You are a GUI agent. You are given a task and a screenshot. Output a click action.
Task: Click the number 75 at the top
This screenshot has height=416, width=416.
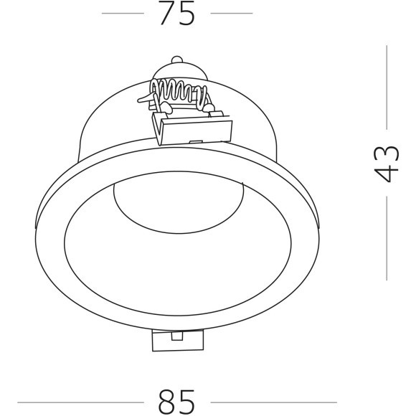coord(176,14)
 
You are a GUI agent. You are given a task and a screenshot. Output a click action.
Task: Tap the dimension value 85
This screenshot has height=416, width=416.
coord(176,402)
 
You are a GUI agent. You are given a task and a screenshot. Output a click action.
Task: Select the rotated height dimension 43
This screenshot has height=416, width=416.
coord(386,164)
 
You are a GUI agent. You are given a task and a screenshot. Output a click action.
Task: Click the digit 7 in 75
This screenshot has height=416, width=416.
coord(166,14)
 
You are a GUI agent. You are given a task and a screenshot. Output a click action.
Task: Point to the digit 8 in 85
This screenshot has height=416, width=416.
coord(166,402)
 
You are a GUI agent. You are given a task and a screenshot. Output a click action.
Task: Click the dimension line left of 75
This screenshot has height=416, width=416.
coord(123,13)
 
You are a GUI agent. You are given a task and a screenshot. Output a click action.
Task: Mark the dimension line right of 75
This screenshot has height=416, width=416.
coord(232,13)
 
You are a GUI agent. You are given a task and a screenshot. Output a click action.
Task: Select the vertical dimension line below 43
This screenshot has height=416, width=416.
coord(387,237)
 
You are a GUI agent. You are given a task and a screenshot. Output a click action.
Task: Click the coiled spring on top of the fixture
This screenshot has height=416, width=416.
coord(176,92)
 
